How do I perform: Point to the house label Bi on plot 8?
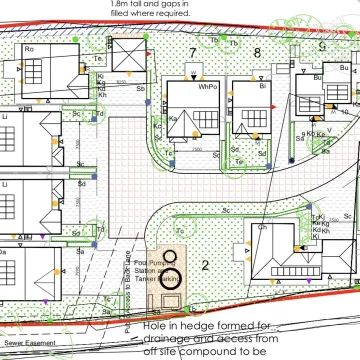tap(264, 87)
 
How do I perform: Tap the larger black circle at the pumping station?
tap(170, 278)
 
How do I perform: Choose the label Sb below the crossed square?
tap(141, 88)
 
